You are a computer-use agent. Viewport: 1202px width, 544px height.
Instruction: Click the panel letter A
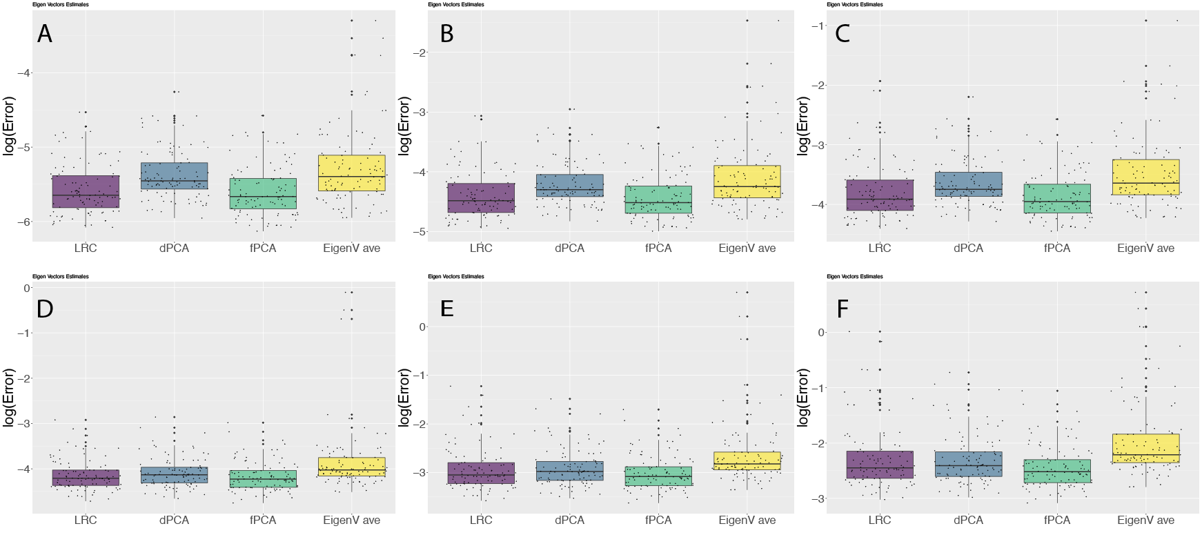pyautogui.click(x=45, y=34)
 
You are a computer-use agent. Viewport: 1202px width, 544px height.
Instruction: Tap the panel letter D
pyautogui.click(x=45, y=309)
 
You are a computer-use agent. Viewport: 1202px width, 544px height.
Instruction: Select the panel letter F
pyautogui.click(x=843, y=309)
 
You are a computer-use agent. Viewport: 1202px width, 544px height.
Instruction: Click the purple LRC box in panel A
pyautogui.click(x=86, y=191)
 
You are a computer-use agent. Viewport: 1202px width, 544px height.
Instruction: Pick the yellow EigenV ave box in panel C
pyautogui.click(x=1145, y=177)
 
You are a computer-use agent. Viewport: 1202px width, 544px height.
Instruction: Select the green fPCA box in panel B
pyautogui.click(x=658, y=200)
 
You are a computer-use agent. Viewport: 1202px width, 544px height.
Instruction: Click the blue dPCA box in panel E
pyautogui.click(x=569, y=471)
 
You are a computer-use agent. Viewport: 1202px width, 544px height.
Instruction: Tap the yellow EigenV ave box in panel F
pyautogui.click(x=1145, y=448)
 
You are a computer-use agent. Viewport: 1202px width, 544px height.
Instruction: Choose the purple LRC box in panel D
pyautogui.click(x=86, y=478)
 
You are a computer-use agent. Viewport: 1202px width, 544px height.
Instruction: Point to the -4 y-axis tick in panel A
pyautogui.click(x=23, y=73)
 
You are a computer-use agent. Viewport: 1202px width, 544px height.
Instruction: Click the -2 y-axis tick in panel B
pyautogui.click(x=420, y=53)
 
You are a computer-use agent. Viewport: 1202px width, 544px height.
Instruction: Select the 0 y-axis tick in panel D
pyautogui.click(x=27, y=289)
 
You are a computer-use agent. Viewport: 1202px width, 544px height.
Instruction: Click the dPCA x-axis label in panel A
pyautogui.click(x=174, y=249)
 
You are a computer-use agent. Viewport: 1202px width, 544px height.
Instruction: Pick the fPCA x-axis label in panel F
pyautogui.click(x=1057, y=521)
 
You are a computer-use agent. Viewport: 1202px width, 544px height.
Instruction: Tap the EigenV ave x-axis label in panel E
pyautogui.click(x=747, y=521)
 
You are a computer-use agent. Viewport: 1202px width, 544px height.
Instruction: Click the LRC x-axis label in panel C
pyautogui.click(x=880, y=249)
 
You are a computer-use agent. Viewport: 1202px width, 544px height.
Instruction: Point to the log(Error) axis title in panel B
pyautogui.click(x=405, y=125)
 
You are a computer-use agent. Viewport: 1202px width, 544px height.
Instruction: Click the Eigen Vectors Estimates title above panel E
pyautogui.click(x=456, y=277)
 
